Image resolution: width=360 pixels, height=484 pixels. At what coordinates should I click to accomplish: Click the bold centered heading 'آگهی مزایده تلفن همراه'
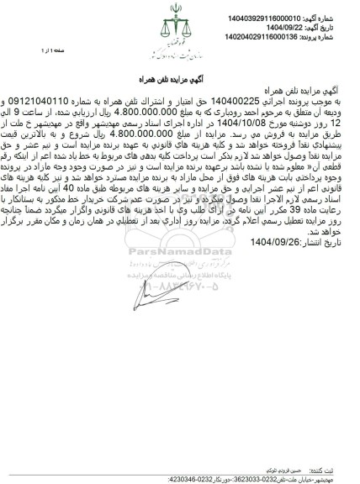coord(179,76)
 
